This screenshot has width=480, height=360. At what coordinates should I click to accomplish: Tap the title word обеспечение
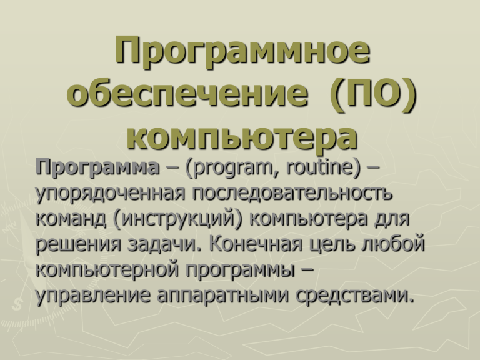pyautogui.click(x=187, y=92)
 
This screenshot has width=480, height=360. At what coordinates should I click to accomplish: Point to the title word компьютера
pyautogui.click(x=242, y=137)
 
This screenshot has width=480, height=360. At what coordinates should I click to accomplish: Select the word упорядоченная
pyautogui.click(x=111, y=194)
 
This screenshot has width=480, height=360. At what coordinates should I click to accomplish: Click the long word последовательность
pyautogui.click(x=292, y=194)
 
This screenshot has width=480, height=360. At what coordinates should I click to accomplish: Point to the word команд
pyautogui.click(x=71, y=219)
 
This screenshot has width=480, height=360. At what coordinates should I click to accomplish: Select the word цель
pyautogui.click(x=332, y=245)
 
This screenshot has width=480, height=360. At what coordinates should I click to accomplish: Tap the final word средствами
pyautogui.click(x=351, y=296)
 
